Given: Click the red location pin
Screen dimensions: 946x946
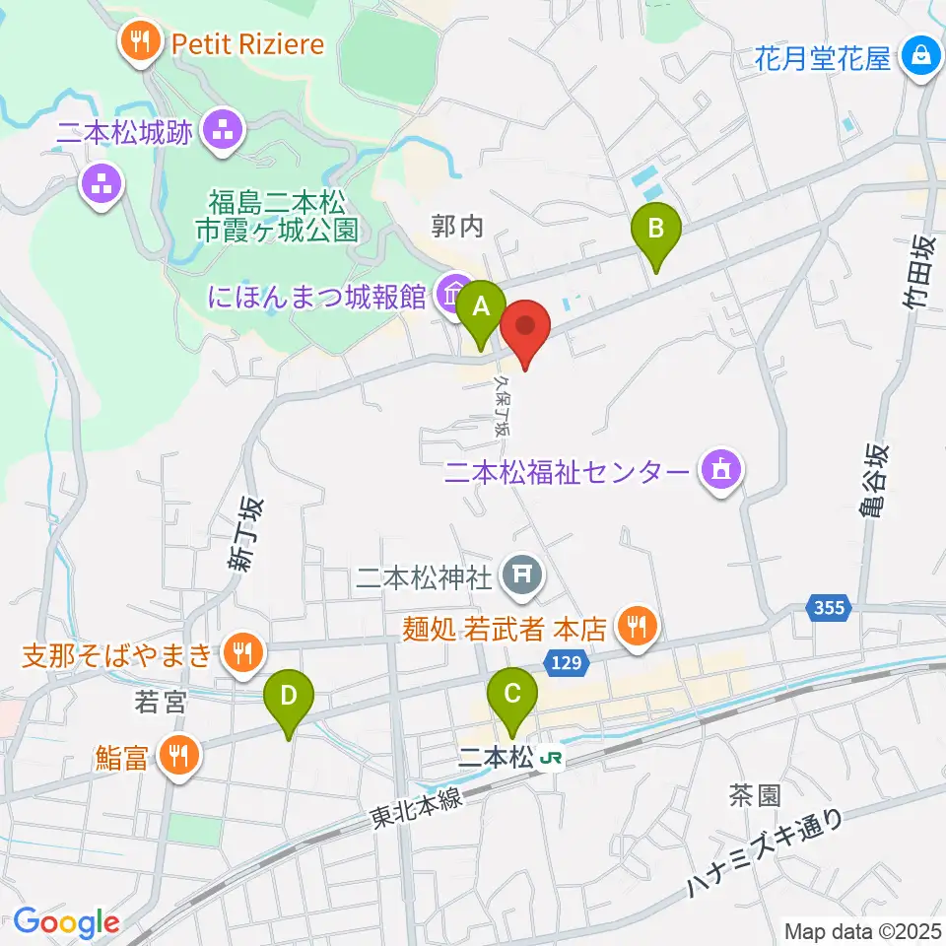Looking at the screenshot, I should pos(525,327).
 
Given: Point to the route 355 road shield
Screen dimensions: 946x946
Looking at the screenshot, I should pos(830,608).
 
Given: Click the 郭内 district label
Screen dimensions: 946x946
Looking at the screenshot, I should pos(458,228).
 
